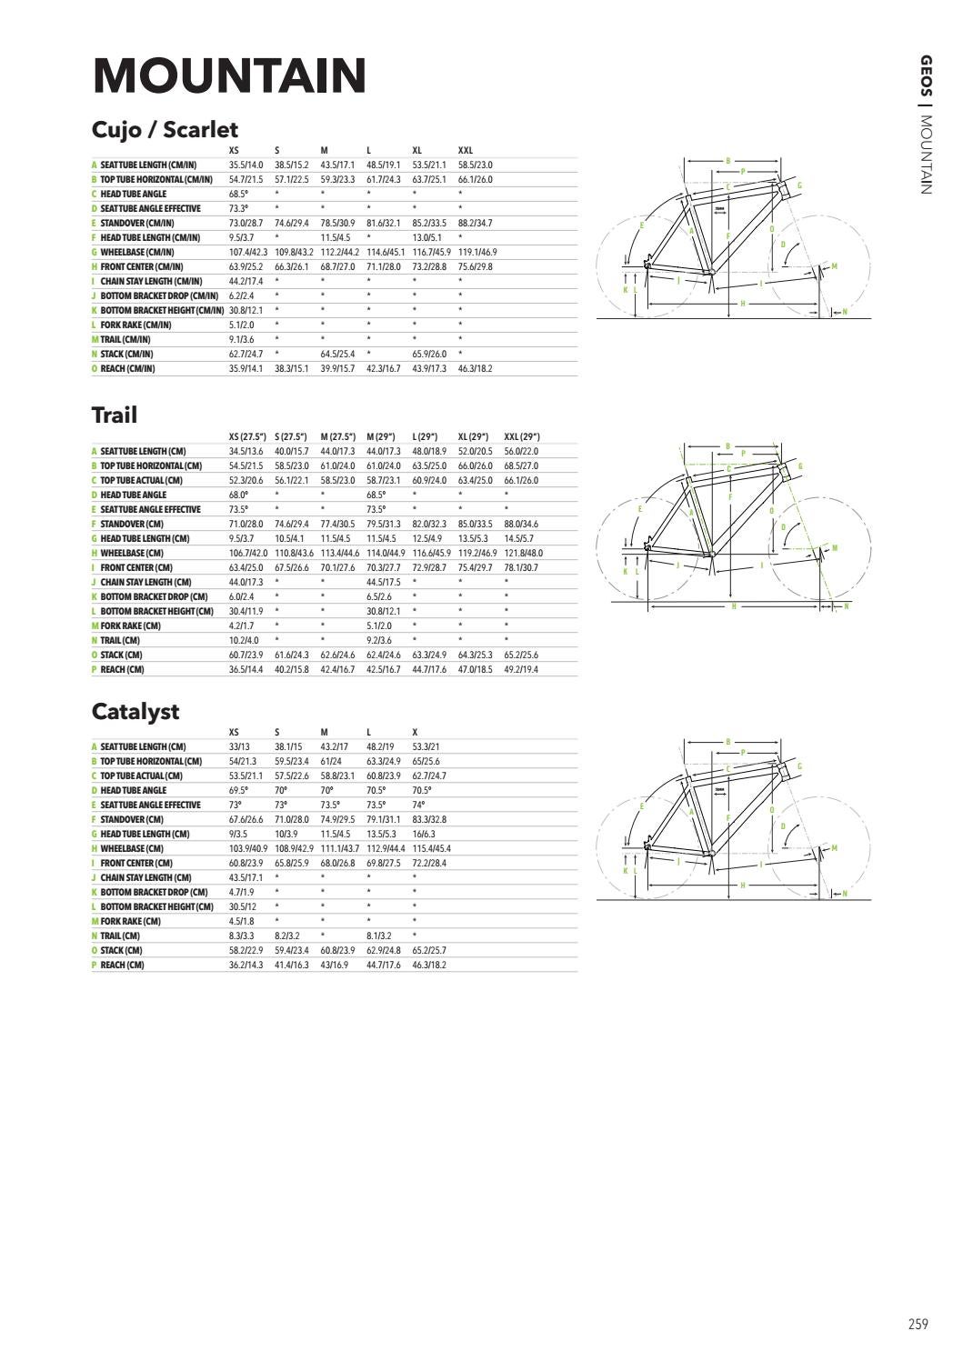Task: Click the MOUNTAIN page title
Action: (229, 75)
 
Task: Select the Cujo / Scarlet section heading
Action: (165, 130)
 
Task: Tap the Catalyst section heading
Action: (135, 711)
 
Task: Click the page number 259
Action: (918, 1324)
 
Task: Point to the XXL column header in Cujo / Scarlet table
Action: (466, 150)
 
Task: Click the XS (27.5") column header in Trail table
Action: (249, 436)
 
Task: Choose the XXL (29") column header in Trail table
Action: (522, 436)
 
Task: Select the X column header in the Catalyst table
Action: (415, 732)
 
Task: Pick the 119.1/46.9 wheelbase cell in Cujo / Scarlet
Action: (477, 252)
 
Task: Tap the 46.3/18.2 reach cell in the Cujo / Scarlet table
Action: (475, 368)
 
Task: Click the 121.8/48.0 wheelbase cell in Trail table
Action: (524, 553)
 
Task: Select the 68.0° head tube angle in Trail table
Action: (238, 495)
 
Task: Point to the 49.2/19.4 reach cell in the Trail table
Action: (521, 669)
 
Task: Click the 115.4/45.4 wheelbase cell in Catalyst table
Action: (432, 848)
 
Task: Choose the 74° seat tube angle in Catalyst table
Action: (417, 805)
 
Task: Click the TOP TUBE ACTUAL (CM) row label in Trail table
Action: (141, 480)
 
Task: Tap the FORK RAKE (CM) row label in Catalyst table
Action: (130, 921)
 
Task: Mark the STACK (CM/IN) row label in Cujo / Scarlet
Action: (126, 354)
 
